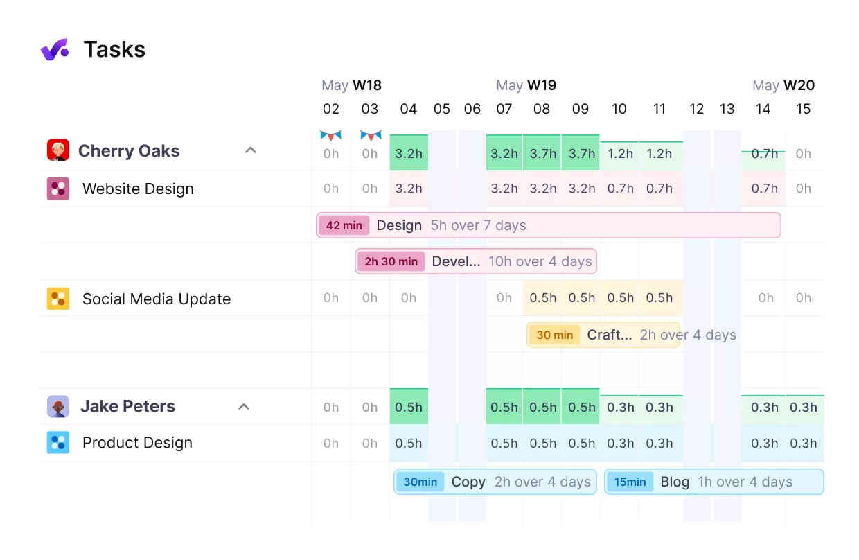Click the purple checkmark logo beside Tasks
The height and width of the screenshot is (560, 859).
[x=55, y=50]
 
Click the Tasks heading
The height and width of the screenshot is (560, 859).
[x=114, y=50]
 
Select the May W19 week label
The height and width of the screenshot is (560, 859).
[x=526, y=85]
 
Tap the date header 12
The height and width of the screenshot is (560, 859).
[x=696, y=109]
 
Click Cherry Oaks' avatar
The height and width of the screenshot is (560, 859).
[x=58, y=150]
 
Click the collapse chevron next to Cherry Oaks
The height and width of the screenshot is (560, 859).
[x=251, y=150]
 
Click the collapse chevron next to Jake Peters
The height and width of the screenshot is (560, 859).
[x=244, y=407]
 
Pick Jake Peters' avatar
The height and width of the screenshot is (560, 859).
[x=58, y=407]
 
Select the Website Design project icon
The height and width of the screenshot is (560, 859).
[x=58, y=189]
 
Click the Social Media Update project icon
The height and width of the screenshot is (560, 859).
[x=58, y=299]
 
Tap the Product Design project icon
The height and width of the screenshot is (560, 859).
[x=58, y=442]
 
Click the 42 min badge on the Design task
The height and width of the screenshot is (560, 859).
[x=344, y=225]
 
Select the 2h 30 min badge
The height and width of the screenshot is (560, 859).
[x=391, y=261]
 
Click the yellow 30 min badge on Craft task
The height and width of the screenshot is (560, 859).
[x=555, y=335]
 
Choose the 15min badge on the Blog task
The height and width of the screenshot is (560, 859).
[x=630, y=482]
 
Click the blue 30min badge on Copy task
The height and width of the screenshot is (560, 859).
[x=420, y=482]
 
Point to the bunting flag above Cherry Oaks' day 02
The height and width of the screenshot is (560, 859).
[x=331, y=135]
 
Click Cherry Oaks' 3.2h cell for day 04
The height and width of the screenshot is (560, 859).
[x=409, y=153]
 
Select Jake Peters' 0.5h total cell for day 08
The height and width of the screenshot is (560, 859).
[x=542, y=407]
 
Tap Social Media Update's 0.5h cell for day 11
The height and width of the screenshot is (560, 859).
[x=659, y=298]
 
